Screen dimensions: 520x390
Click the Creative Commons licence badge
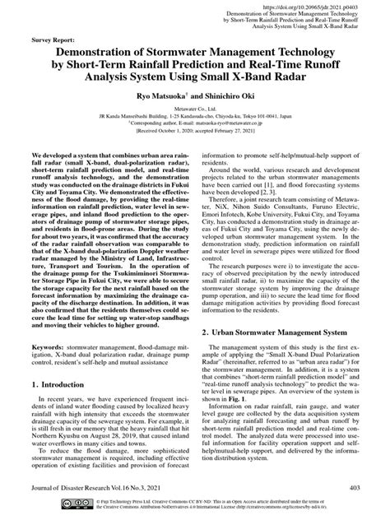pos(49,503)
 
